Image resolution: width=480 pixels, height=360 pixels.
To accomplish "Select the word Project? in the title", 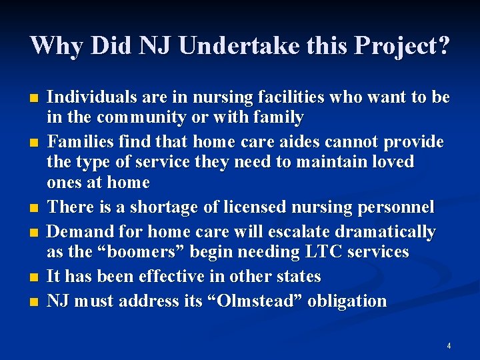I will tap(403, 46).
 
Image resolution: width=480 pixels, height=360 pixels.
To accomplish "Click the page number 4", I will tap(449, 346).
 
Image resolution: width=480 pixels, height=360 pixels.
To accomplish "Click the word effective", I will tap(165, 276).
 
